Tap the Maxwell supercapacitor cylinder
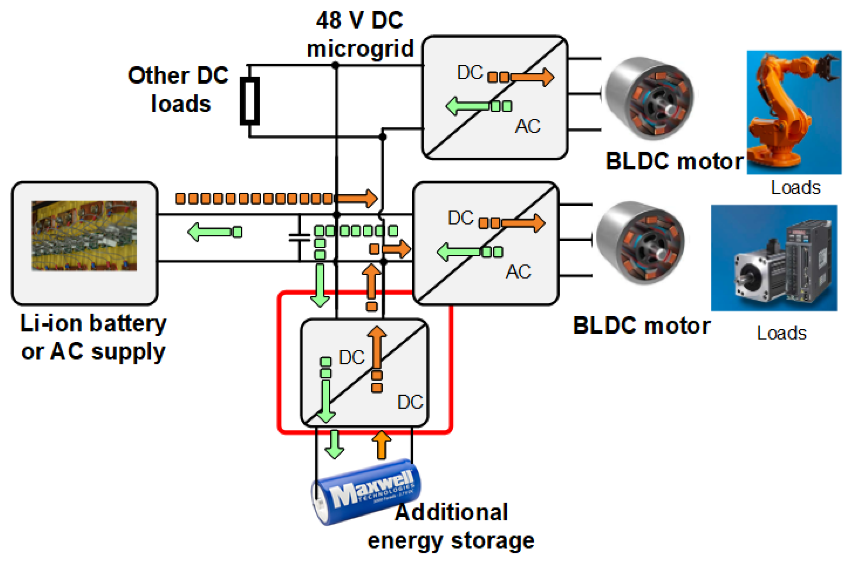[x=365, y=491]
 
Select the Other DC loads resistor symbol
[x=250, y=101]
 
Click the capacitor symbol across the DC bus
[x=299, y=238]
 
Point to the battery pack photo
[x=84, y=235]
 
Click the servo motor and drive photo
[x=773, y=257]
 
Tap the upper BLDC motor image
[x=649, y=98]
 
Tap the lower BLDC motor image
[x=641, y=242]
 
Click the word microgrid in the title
[x=360, y=49]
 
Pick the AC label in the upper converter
[x=527, y=126]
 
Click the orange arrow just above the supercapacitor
[x=381, y=445]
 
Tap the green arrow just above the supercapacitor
[x=334, y=445]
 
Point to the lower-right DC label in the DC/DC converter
[x=410, y=402]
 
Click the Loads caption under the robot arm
[x=795, y=187]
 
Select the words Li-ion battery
[x=93, y=323]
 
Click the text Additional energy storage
[x=451, y=526]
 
